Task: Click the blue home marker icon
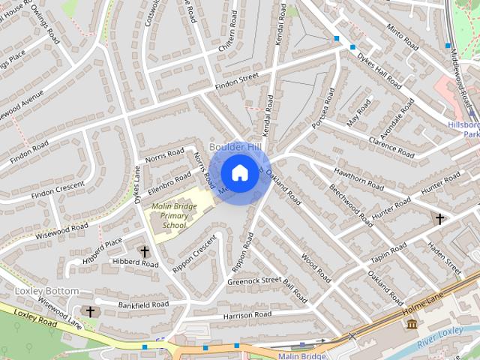238,173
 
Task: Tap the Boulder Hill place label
235,146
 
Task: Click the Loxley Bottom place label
46,290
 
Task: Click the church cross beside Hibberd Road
144,253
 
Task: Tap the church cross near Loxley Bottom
91,310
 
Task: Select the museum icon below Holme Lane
411,323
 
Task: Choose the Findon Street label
236,80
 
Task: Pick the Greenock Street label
253,282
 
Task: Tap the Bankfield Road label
142,304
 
